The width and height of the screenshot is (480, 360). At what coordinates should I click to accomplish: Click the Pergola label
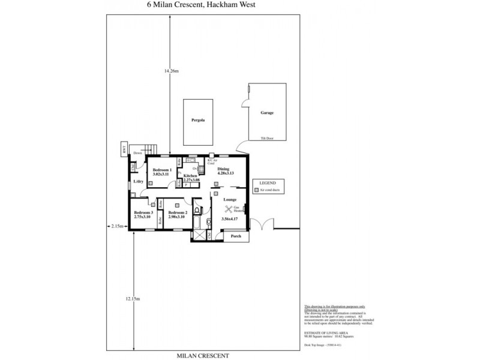pos(198,120)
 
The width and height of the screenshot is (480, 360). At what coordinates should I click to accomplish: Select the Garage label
pos(267,113)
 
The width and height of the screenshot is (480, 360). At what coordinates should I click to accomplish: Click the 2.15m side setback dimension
pos(117,226)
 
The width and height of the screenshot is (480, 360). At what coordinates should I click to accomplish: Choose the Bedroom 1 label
pos(162,170)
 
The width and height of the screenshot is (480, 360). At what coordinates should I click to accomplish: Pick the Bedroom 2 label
pos(178,213)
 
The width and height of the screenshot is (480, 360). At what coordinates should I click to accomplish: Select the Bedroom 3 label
pos(143,213)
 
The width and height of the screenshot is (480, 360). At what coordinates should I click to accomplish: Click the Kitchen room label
pos(191,176)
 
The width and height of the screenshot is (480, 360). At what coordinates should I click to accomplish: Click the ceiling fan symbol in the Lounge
pos(229,209)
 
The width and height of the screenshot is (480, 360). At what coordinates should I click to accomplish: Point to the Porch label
pos(236,236)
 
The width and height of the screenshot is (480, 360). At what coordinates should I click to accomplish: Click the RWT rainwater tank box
pos(124,149)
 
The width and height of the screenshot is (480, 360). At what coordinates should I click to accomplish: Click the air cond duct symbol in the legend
pos(256,190)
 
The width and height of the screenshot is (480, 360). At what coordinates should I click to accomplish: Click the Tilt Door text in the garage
pos(266,138)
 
